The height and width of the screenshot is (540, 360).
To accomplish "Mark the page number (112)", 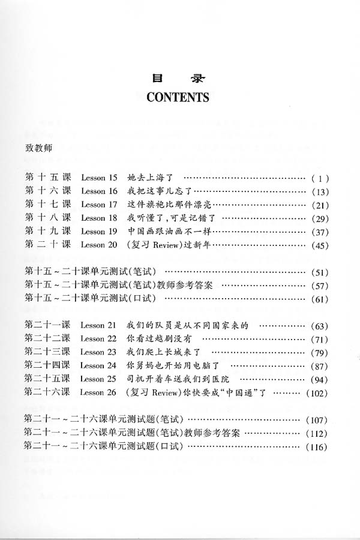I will pos(316,433).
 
